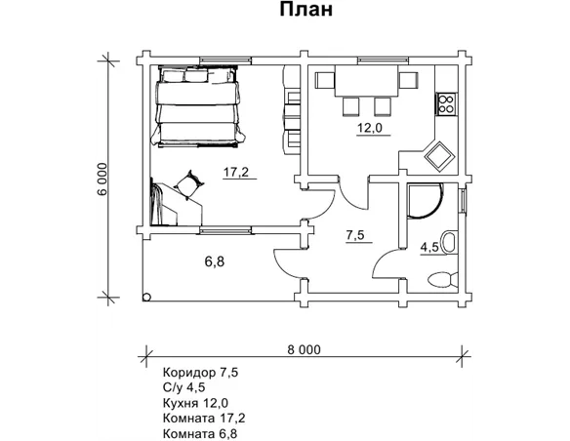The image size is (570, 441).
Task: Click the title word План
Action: pyautogui.click(x=306, y=10)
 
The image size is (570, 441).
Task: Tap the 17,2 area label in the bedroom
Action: pyautogui.click(x=236, y=172)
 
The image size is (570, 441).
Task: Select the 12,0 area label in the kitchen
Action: pyautogui.click(x=370, y=128)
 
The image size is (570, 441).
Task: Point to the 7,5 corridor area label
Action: pyautogui.click(x=355, y=235)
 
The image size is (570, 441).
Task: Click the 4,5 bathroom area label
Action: pyautogui.click(x=429, y=248)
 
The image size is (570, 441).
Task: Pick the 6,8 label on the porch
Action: pyautogui.click(x=215, y=261)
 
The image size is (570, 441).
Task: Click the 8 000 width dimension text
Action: pyautogui.click(x=304, y=349)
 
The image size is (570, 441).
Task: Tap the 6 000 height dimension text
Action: pyautogui.click(x=102, y=179)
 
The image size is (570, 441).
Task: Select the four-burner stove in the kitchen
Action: pyautogui.click(x=446, y=103)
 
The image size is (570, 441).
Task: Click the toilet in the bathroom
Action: pyautogui.click(x=442, y=280)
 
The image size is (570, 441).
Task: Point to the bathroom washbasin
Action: pyautogui.click(x=449, y=241)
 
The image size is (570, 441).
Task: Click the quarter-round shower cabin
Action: pyautogui.click(x=425, y=201)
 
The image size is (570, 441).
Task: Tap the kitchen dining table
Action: pyautogui.click(x=366, y=81)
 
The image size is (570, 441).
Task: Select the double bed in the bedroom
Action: pyautogui.click(x=198, y=106)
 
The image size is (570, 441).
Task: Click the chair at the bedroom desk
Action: pyautogui.click(x=189, y=184)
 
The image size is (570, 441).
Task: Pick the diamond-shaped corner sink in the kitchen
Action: pyautogui.click(x=440, y=156)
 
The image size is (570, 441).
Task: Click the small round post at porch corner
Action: pyautogui.click(x=146, y=298)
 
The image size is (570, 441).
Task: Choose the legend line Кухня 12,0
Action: pyautogui.click(x=195, y=403)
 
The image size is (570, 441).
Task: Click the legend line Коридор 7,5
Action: pyautogui.click(x=201, y=373)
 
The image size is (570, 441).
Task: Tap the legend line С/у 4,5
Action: pyautogui.click(x=183, y=387)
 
